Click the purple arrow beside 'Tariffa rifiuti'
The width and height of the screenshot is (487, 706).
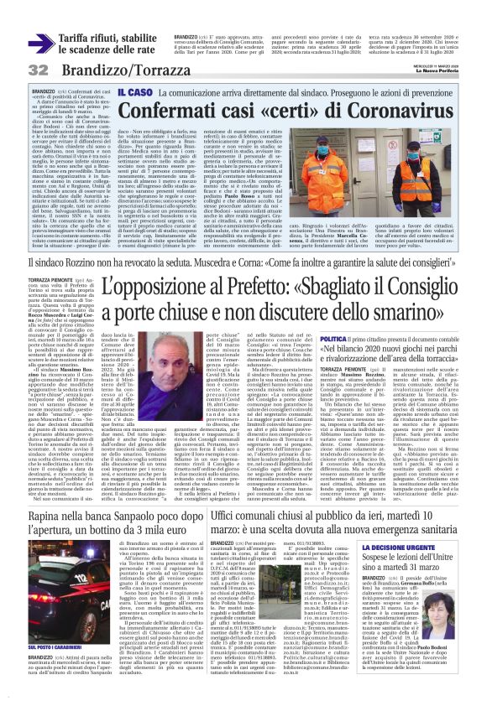tap(40, 42)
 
